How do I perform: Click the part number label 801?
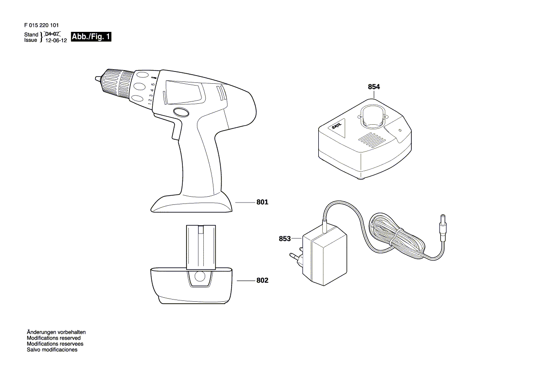click(x=262, y=202)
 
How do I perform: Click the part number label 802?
click(x=262, y=280)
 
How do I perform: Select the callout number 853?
click(x=285, y=239)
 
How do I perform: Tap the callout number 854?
click(x=373, y=87)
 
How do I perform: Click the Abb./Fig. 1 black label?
click(x=91, y=37)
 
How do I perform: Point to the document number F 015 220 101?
click(x=41, y=25)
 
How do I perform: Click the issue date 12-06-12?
click(x=56, y=41)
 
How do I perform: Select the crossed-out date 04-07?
click(x=52, y=34)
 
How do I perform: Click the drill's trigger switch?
click(x=176, y=131)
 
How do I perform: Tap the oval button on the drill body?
click(x=181, y=112)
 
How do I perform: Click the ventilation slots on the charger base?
click(x=373, y=138)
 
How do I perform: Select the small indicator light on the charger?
click(x=400, y=130)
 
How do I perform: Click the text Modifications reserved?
click(x=54, y=338)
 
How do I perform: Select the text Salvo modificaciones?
click(x=52, y=350)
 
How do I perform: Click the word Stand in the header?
click(x=31, y=35)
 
